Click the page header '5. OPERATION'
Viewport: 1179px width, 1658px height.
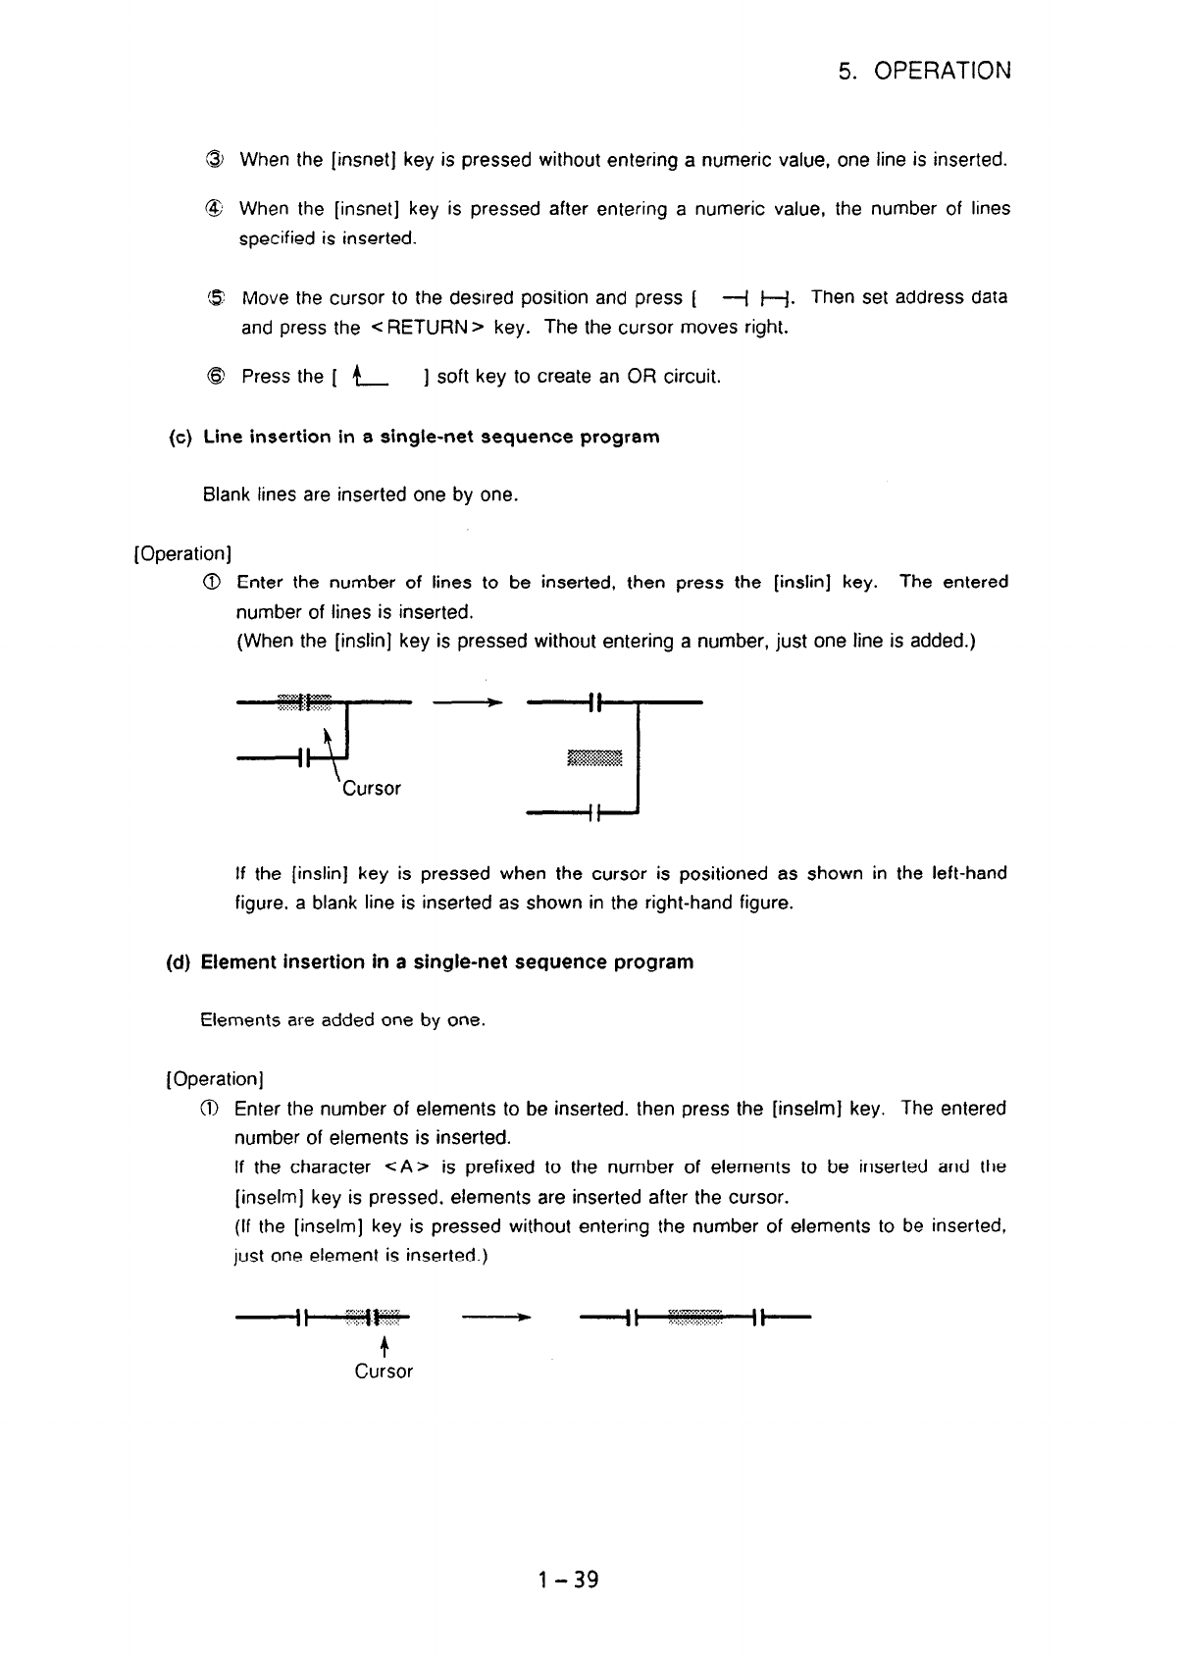point(925,71)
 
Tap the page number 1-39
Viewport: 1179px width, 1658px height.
point(568,1580)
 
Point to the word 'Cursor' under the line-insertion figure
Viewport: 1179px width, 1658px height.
point(371,789)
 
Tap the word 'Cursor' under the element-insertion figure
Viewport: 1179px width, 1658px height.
point(384,1372)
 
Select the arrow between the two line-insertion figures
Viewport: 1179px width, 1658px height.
point(468,701)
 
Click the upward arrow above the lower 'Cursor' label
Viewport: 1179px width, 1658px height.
point(384,1343)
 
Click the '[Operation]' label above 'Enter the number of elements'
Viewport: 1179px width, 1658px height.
point(216,1079)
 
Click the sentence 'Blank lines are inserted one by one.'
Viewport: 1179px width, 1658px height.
point(360,494)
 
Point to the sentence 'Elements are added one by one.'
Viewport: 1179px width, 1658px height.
point(343,1020)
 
